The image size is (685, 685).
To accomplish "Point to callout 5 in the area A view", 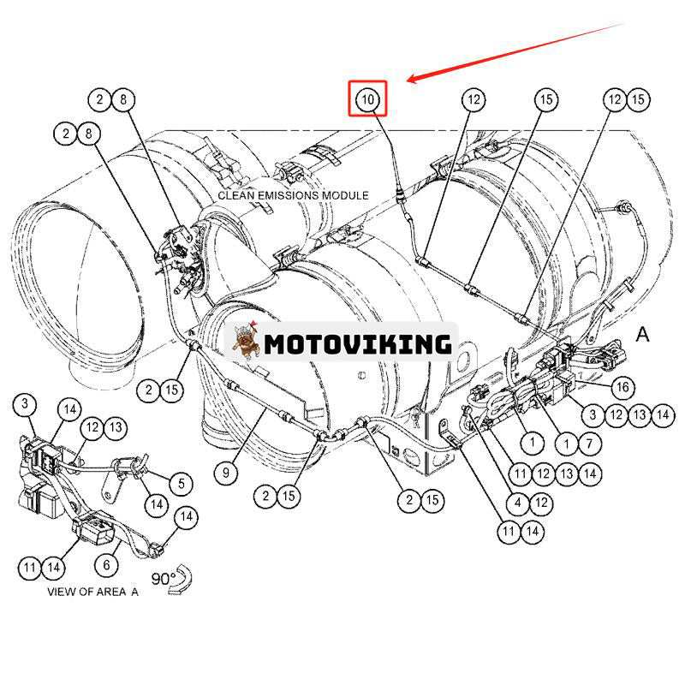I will [x=181, y=483].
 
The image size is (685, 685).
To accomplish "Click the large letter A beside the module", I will [x=643, y=334].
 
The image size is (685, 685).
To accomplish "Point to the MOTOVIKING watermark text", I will [x=357, y=344].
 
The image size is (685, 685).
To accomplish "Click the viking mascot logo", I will [x=245, y=342].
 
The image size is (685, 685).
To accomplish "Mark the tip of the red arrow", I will [x=408, y=81].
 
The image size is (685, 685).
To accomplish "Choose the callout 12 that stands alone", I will [x=474, y=99].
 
